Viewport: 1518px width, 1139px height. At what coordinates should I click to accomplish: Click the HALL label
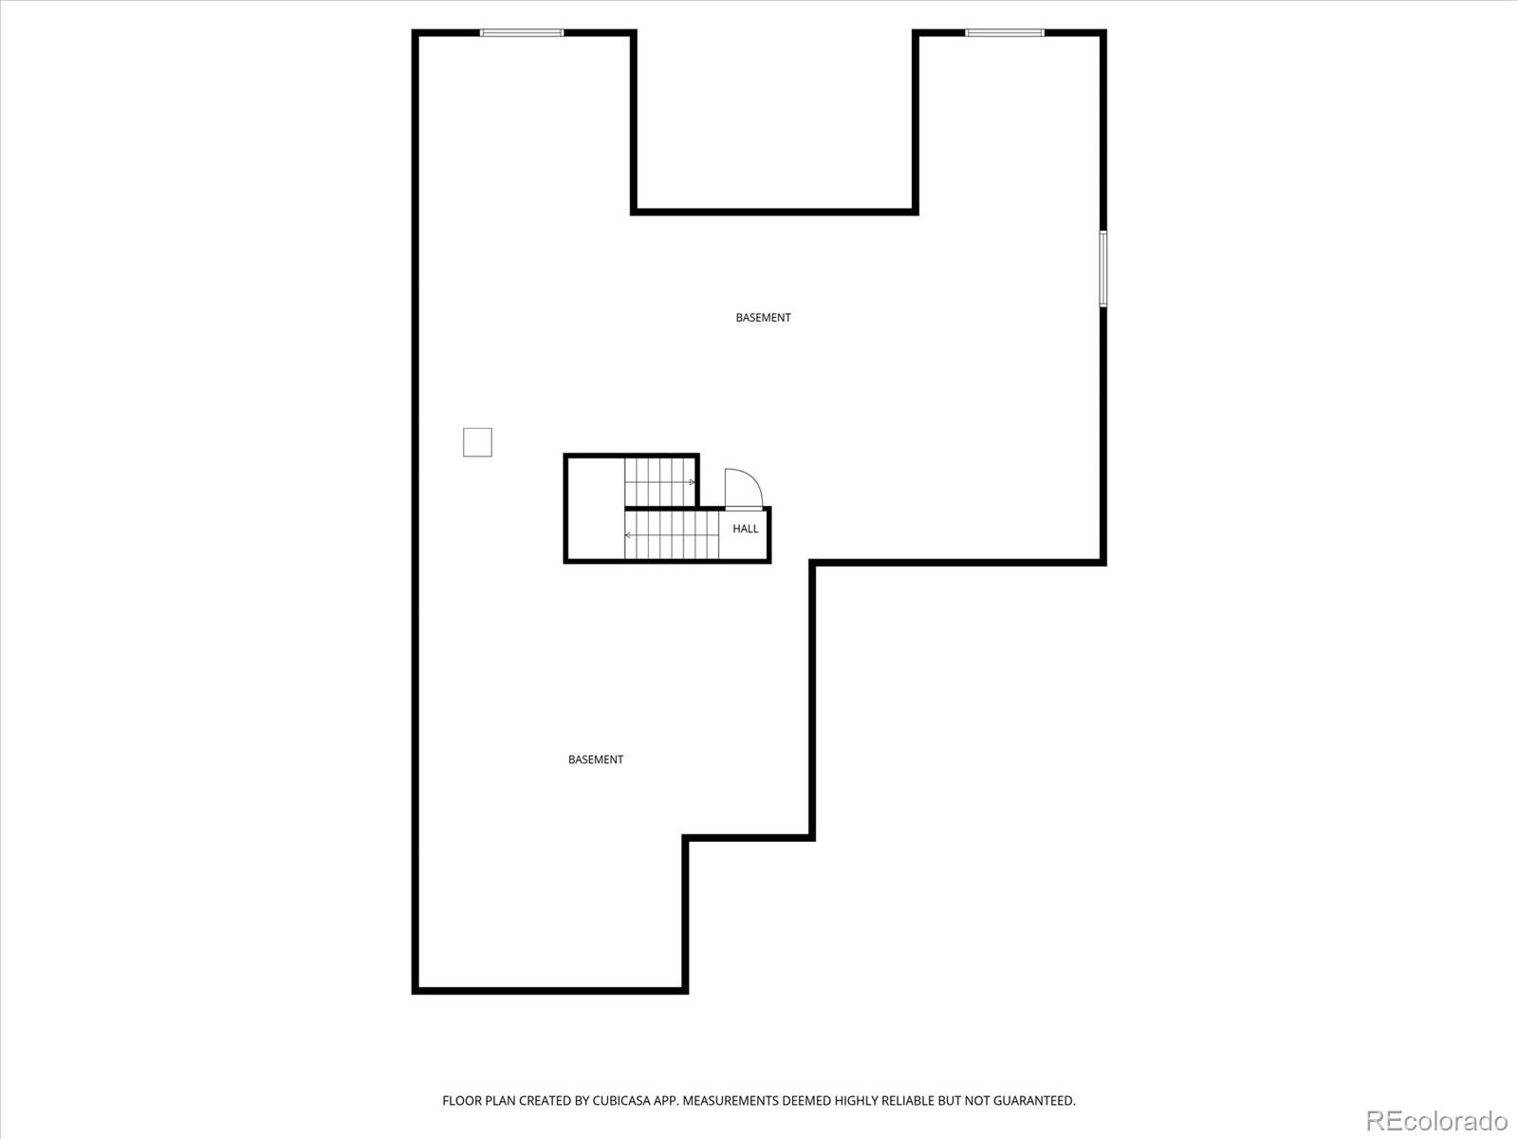coord(745,529)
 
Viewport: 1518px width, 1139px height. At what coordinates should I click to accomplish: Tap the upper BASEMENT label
coord(763,318)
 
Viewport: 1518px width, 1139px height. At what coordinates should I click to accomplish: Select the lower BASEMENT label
coord(596,759)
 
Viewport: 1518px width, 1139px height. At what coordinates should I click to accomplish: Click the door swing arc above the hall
coord(743,488)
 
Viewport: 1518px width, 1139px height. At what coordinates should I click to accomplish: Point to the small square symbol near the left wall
coord(477,442)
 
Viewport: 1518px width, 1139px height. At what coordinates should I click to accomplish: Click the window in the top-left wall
coord(522,33)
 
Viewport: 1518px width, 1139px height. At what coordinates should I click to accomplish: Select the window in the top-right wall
coord(1005,33)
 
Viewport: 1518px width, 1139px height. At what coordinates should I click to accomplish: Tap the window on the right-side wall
coord(1102,269)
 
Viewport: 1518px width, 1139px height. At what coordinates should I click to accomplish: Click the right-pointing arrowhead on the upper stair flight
coord(692,482)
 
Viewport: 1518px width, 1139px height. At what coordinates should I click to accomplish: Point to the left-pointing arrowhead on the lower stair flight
coord(628,535)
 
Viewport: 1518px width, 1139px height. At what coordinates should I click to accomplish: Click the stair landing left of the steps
coord(595,508)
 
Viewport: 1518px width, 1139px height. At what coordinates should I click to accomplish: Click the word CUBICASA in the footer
coord(620,1101)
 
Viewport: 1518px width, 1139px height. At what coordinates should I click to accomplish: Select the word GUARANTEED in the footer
coord(1037,1101)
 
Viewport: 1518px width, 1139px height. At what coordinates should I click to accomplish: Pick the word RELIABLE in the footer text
coord(908,1101)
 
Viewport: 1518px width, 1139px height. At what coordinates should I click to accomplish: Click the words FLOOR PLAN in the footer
coord(478,1101)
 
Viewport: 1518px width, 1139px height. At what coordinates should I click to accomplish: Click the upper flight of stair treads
coord(659,481)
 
